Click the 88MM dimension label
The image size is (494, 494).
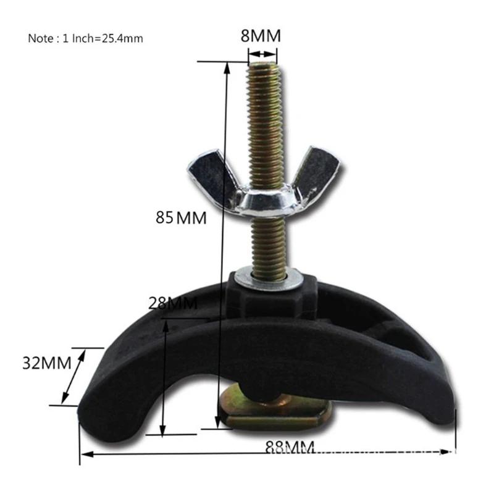point(290,446)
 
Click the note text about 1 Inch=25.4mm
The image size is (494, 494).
point(85,38)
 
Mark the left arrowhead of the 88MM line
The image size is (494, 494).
point(85,455)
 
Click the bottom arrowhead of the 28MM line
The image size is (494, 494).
point(164,432)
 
